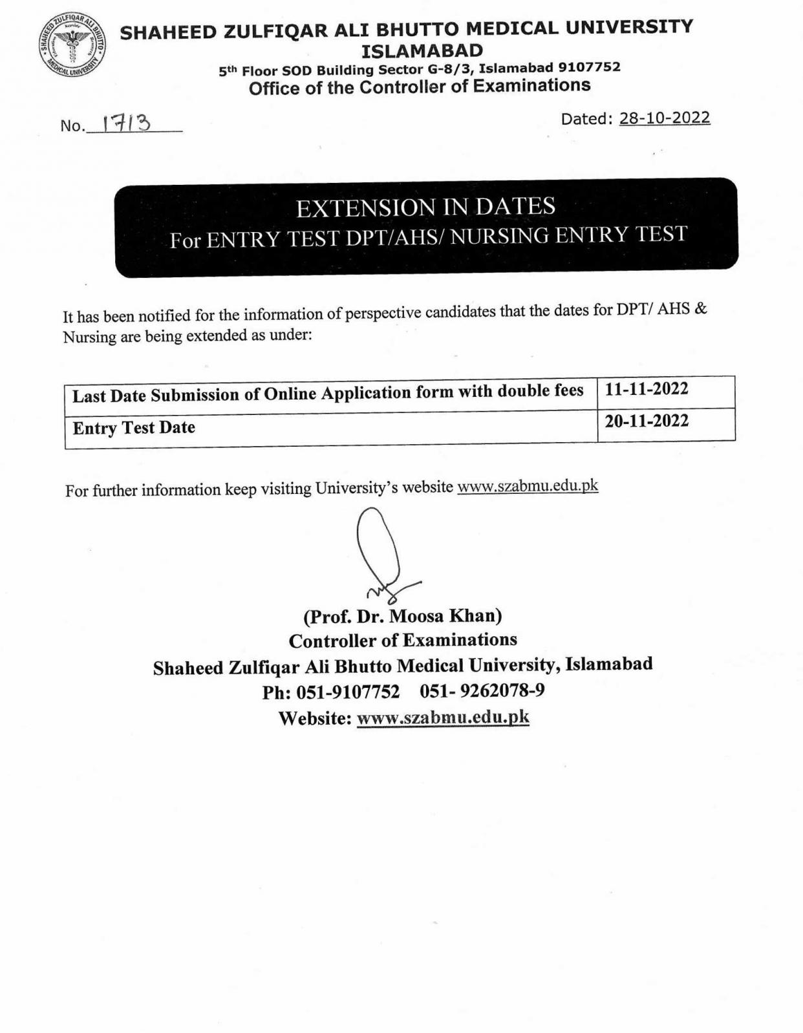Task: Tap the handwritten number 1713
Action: coord(127,122)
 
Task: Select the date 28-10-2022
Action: coord(665,118)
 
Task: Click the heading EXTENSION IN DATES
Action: coord(425,208)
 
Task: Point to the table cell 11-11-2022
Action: coord(647,389)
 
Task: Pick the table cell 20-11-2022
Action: coord(647,421)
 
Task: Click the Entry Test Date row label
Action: coord(134,427)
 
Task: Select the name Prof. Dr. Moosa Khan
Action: coord(402,615)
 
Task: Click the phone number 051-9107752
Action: coord(348,692)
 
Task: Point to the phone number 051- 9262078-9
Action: coord(482,691)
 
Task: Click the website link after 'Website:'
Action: coord(443,717)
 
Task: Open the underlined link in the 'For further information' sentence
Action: coord(528,486)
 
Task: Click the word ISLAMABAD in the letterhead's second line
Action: coord(422,50)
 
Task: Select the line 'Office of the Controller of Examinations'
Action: coord(420,87)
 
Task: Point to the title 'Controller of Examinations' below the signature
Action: coord(403,640)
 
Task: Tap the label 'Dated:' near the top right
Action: coord(586,119)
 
